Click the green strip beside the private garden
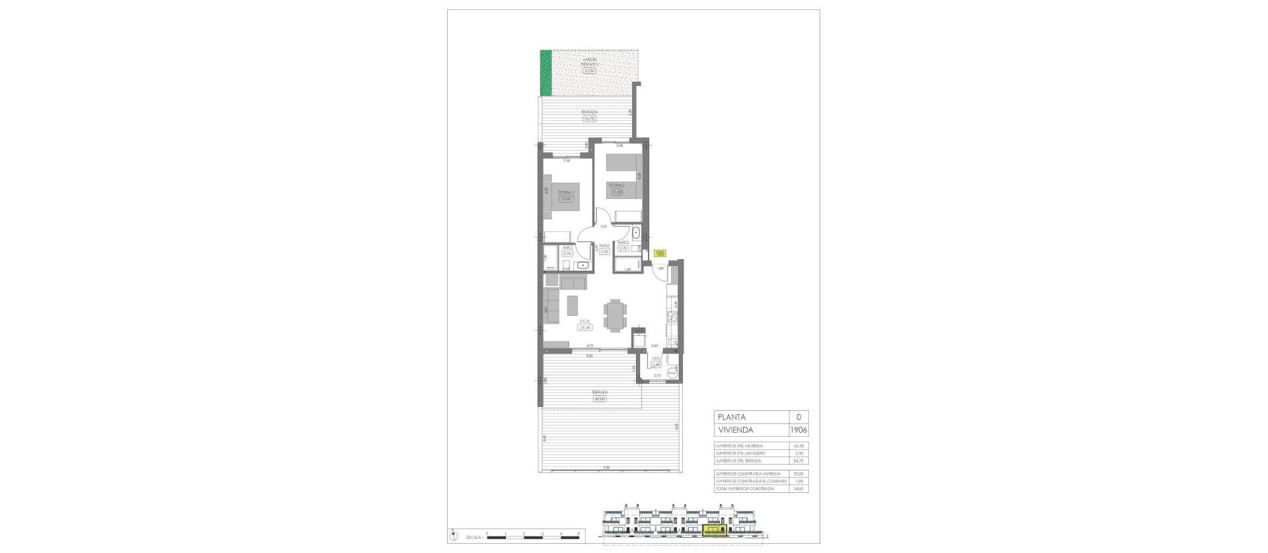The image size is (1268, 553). point(546,73)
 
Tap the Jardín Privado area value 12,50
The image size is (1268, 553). point(589,71)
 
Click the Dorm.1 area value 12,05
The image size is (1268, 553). point(102,198)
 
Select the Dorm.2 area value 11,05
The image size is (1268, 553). point(155,192)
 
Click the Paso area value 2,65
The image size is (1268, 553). point(142,251)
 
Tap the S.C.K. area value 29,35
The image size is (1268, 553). point(122,327)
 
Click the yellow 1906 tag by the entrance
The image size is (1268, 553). point(660,252)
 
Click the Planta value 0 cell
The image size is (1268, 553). point(798,417)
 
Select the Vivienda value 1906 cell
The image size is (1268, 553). point(798,430)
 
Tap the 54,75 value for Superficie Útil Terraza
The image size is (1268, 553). point(798,461)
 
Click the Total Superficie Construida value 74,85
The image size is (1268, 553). point(798,488)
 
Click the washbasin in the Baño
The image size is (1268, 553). point(635,233)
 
